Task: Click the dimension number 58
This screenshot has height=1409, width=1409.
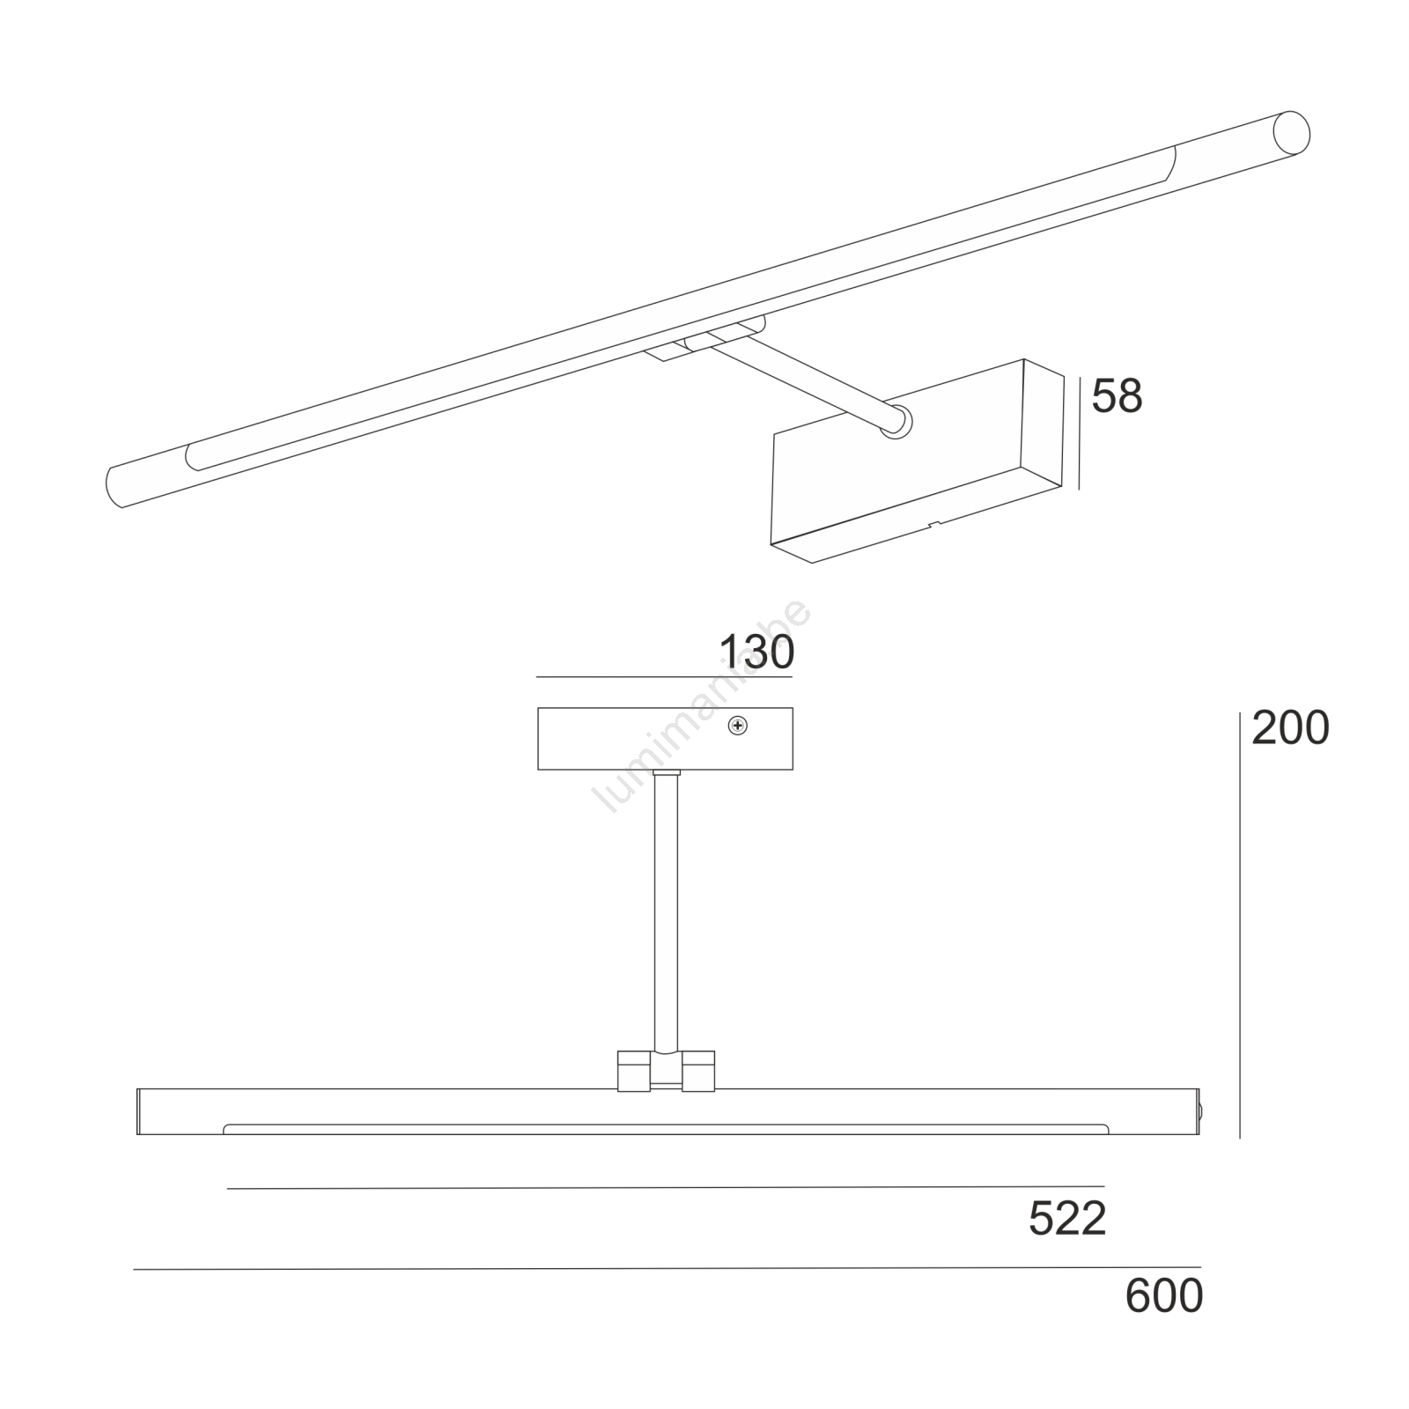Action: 1117,396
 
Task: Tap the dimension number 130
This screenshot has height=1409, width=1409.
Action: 756,653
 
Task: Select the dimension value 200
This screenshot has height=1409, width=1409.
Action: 1290,728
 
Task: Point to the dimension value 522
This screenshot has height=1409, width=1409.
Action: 1067,1219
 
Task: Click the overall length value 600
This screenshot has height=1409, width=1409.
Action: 1164,1295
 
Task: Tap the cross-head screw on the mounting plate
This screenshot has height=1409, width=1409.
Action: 738,726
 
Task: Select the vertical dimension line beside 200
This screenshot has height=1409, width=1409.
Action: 1240,925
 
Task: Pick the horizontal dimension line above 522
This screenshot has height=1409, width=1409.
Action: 665,1188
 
